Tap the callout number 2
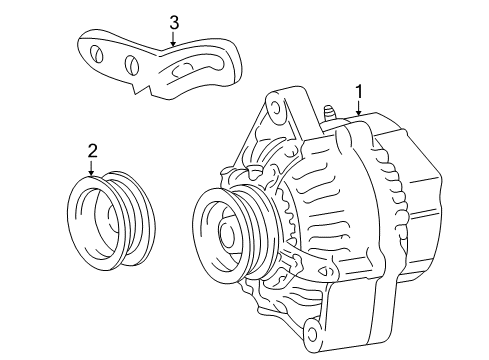click(x=92, y=151)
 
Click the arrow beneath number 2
click(x=92, y=170)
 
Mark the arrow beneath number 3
click(x=173, y=42)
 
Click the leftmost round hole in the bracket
click(x=96, y=55)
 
